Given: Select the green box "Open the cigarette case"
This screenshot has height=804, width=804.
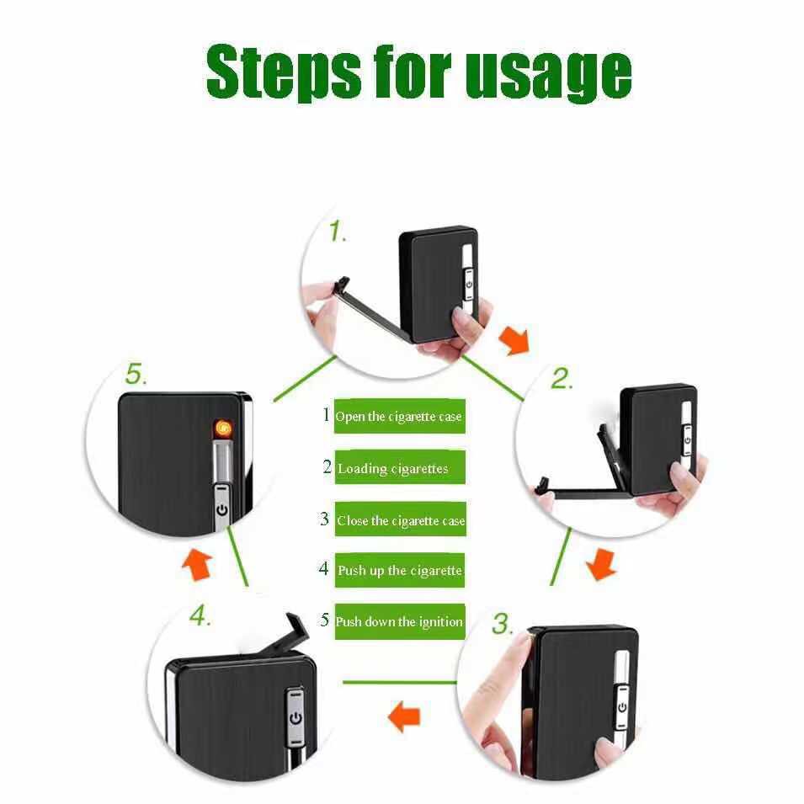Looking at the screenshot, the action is pos(399,416).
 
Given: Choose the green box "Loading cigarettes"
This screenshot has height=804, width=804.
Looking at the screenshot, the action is pos(400,467).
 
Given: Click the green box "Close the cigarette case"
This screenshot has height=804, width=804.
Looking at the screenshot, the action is pos(401,519).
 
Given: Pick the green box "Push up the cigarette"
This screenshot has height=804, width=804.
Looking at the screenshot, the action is pos(400,570).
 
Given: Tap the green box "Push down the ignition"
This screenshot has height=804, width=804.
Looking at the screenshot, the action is pos(399,621).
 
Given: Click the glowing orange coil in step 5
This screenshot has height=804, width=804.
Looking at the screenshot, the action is pos(223,429).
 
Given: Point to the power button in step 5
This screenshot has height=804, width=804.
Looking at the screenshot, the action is pos(222,510).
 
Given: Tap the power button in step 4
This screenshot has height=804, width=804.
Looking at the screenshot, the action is pos(296,718).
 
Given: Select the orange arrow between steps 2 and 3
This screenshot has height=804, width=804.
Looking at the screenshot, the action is pos(601,564).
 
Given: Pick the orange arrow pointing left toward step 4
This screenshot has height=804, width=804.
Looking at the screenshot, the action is pos(404,716).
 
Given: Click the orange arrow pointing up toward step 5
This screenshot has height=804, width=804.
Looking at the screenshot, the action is pos(197,565).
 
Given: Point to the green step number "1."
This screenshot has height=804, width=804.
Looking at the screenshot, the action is pos(337,232).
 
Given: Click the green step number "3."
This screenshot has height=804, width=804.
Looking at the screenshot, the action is pos(503,624).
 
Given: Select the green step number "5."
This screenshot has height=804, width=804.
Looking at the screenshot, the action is pos(136,374).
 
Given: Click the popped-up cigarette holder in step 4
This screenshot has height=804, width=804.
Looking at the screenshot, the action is pos(285,634).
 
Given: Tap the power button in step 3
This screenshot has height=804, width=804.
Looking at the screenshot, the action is pos(622,707).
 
